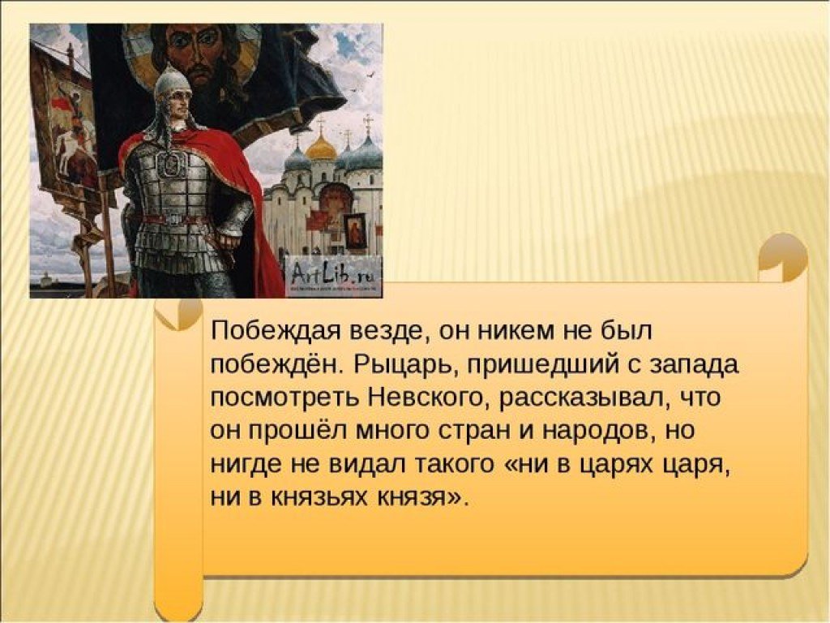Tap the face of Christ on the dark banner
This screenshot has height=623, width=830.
196,50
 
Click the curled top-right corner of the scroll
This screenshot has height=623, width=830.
783,260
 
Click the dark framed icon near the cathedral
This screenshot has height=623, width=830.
356,230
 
